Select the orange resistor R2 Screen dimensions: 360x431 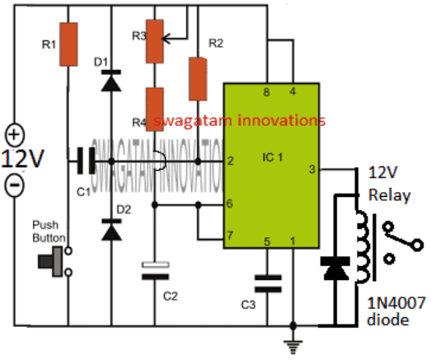197,78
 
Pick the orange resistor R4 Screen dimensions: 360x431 154,106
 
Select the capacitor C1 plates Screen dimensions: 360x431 82,161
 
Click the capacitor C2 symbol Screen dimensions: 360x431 154,271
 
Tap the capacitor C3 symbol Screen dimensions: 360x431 265,284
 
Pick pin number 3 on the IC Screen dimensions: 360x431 312,171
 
